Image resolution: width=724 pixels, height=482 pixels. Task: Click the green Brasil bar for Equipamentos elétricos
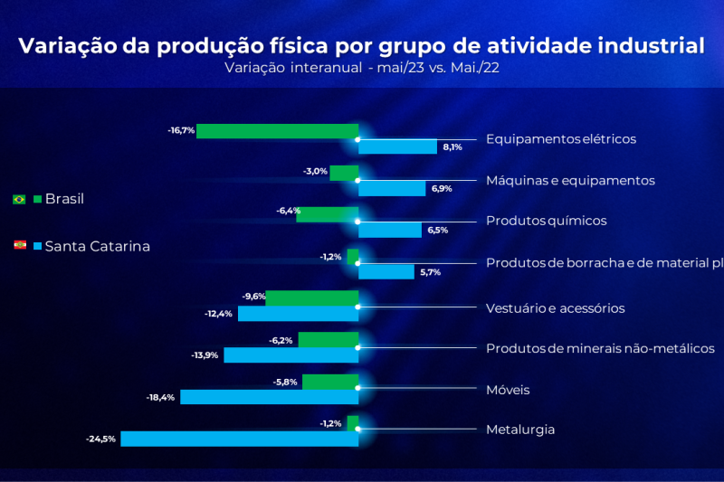pyautogui.click(x=277, y=131)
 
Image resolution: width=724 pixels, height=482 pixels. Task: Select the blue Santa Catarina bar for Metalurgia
pyautogui.click(x=239, y=439)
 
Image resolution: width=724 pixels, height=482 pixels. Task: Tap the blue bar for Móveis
pyautogui.click(x=269, y=397)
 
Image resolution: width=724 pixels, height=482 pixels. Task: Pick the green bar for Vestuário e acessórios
pyautogui.click(x=311, y=298)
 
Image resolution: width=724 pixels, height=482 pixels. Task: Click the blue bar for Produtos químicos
pyautogui.click(x=392, y=230)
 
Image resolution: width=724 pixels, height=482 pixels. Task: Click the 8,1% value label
pyautogui.click(x=452, y=146)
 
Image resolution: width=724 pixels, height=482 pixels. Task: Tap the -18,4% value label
pyautogui.click(x=160, y=397)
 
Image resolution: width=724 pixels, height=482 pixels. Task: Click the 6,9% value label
pyautogui.click(x=441, y=188)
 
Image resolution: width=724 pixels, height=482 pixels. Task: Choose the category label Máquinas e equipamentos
pyautogui.click(x=570, y=180)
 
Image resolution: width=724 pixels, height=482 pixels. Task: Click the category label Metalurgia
pyautogui.click(x=520, y=430)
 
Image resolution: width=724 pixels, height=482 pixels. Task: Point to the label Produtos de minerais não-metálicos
pyautogui.click(x=600, y=348)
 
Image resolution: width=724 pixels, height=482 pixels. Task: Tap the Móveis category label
pyautogui.click(x=508, y=390)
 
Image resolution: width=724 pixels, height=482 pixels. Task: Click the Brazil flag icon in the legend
pyautogui.click(x=19, y=199)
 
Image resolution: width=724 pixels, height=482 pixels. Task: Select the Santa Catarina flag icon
pyautogui.click(x=19, y=245)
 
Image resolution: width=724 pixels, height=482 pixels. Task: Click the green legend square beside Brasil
pyautogui.click(x=37, y=199)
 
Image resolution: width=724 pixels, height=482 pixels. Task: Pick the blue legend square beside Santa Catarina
pyautogui.click(x=37, y=245)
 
